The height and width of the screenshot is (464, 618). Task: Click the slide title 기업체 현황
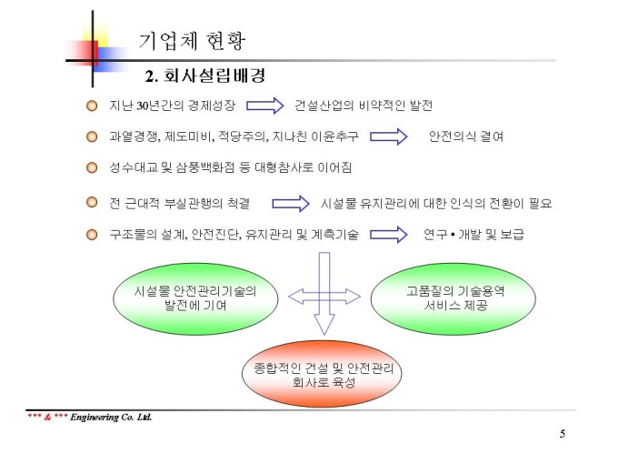tap(192, 41)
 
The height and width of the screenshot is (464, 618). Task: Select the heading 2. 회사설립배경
tap(205, 76)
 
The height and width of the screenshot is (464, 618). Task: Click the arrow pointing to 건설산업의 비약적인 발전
tap(264, 106)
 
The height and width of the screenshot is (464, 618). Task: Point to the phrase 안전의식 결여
tap(466, 136)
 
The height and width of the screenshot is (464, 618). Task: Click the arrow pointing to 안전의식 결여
tap(389, 136)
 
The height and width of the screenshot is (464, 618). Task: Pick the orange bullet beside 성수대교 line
tap(92, 167)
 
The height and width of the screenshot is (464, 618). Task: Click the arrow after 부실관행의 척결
tap(291, 204)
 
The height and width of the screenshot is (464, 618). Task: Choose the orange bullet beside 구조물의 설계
tap(92, 235)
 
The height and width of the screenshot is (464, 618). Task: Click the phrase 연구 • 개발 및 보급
tap(473, 235)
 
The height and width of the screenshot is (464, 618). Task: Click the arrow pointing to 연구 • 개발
tap(389, 235)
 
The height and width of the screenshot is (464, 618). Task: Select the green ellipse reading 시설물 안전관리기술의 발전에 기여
tap(195, 298)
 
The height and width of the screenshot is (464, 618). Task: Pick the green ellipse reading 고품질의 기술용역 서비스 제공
tap(454, 298)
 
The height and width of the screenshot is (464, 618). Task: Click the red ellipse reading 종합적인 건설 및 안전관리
tap(322, 374)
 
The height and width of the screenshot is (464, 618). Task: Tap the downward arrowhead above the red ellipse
tap(324, 324)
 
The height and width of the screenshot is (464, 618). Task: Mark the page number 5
tap(563, 434)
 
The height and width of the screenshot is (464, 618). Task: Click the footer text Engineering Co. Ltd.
tap(111, 417)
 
